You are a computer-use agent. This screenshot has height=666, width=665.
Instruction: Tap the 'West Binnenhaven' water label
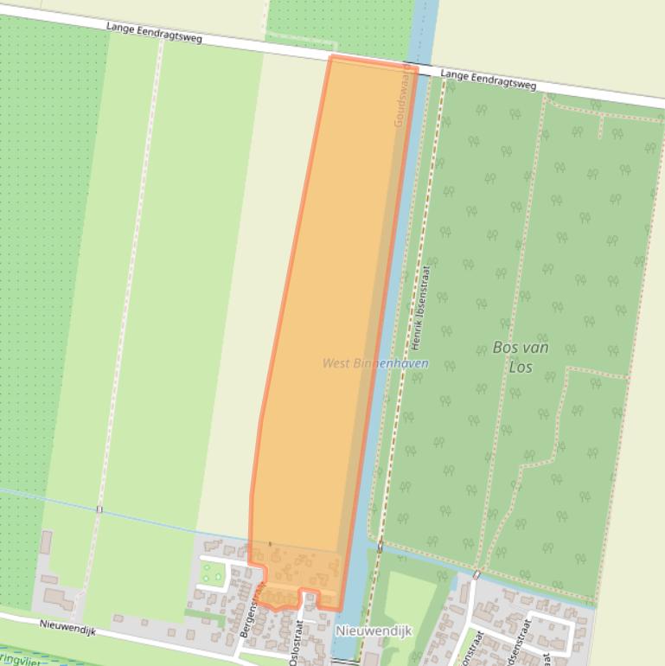(375, 363)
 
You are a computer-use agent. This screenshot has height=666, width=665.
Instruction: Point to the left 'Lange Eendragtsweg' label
(154, 33)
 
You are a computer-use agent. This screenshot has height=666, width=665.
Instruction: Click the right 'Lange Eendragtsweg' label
(488, 80)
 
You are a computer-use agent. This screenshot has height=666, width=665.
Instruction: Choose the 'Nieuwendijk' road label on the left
(67, 627)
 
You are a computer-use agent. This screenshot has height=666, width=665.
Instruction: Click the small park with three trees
(213, 572)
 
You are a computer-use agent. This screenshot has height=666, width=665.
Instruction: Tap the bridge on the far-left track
(99, 509)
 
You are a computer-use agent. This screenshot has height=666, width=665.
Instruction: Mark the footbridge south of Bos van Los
(476, 574)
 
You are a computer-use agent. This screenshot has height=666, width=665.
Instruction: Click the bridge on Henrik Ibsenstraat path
(379, 547)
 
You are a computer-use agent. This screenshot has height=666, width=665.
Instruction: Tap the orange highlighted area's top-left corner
(331, 58)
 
